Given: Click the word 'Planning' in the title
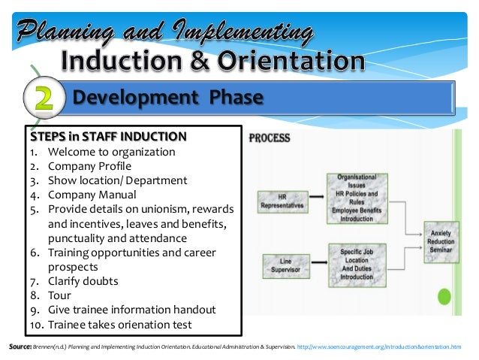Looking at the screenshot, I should coord(68,32).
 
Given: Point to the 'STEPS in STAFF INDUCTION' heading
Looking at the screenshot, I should coord(107,137).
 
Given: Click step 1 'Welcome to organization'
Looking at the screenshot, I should coord(111,152).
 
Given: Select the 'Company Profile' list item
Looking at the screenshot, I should coord(89,166).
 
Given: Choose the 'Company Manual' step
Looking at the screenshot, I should coord(91,195).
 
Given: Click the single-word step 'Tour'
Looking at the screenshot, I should coord(59,295).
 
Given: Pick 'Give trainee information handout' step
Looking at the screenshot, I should coord(131,310).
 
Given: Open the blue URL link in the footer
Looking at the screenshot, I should coord(379,346).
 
